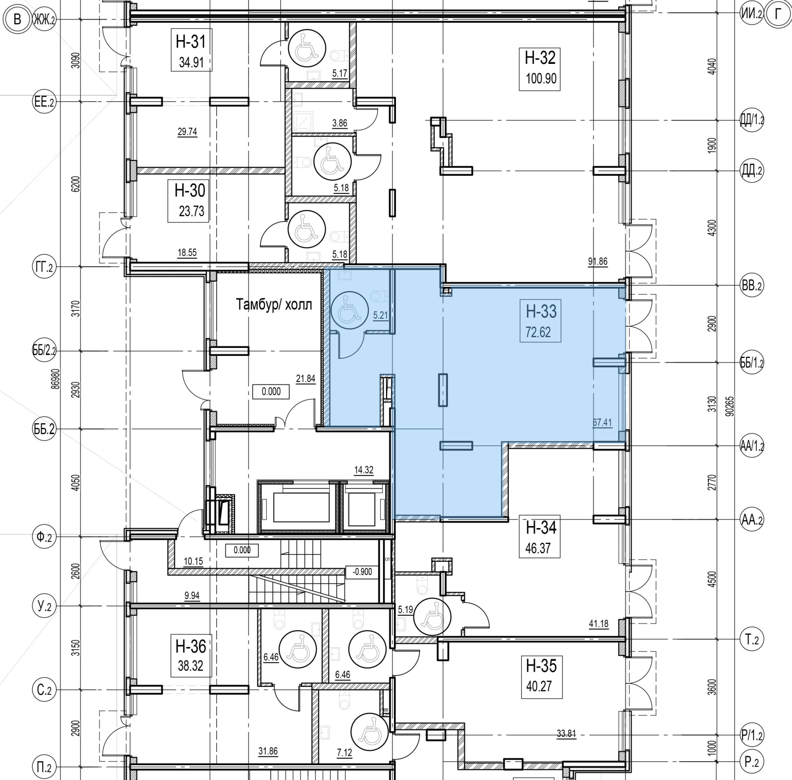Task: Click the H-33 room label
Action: [x=541, y=311]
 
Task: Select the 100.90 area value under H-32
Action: [x=542, y=78]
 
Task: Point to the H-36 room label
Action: [x=191, y=646]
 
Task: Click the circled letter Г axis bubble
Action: [x=779, y=15]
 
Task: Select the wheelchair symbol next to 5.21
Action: [x=349, y=310]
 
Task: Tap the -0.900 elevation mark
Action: [x=362, y=572]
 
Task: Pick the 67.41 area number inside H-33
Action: [x=602, y=423]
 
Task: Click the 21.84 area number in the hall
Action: [x=306, y=379]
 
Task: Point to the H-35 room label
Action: [x=542, y=666]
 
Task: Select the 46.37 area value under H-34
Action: [x=538, y=548]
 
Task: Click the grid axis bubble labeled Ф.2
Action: [x=43, y=536]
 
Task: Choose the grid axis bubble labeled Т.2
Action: [x=751, y=640]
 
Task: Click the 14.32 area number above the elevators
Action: [x=364, y=470]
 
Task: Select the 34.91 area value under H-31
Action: [x=191, y=62]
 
